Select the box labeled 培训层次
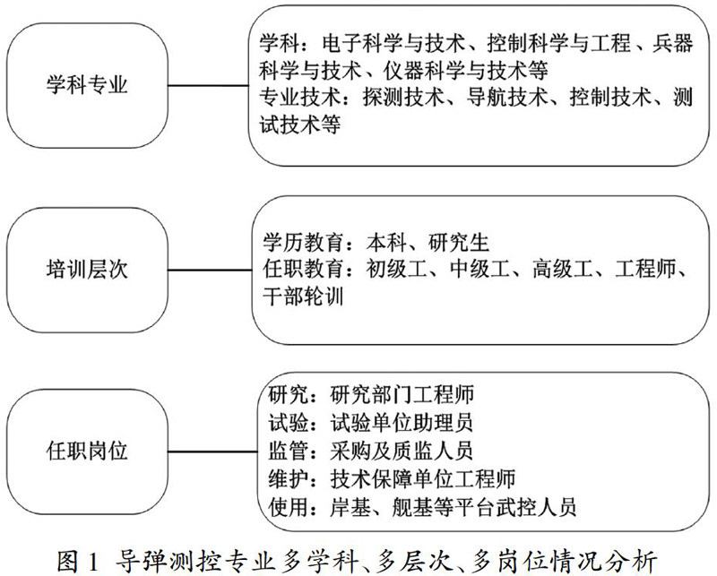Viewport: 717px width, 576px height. pos(87,266)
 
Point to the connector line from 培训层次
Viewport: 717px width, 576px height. pos(208,266)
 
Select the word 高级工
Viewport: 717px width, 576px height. pos(557,268)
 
